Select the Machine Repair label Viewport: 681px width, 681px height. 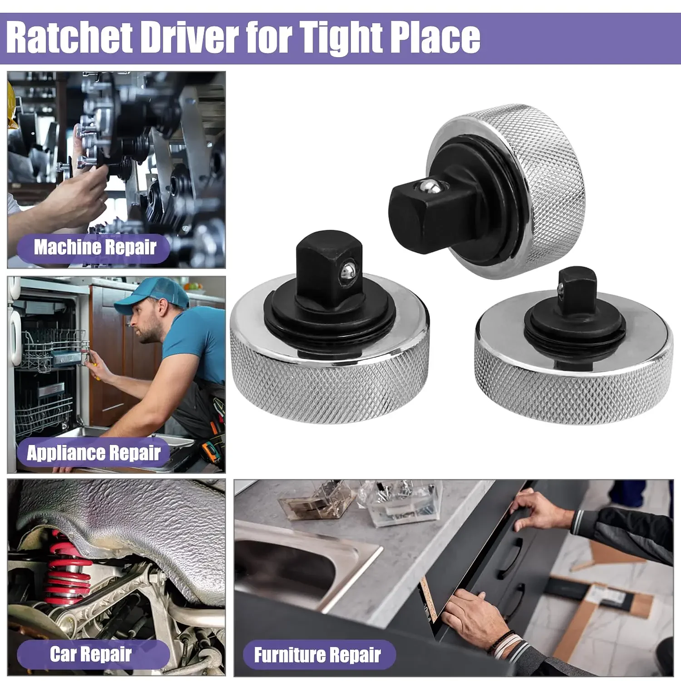click(95, 247)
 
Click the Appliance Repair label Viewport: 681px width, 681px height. click(94, 453)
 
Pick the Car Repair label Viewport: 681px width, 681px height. click(91, 654)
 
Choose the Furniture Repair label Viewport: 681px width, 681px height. click(317, 655)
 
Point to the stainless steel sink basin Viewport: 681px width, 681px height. click(293, 563)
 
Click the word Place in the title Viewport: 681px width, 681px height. click(435, 38)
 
